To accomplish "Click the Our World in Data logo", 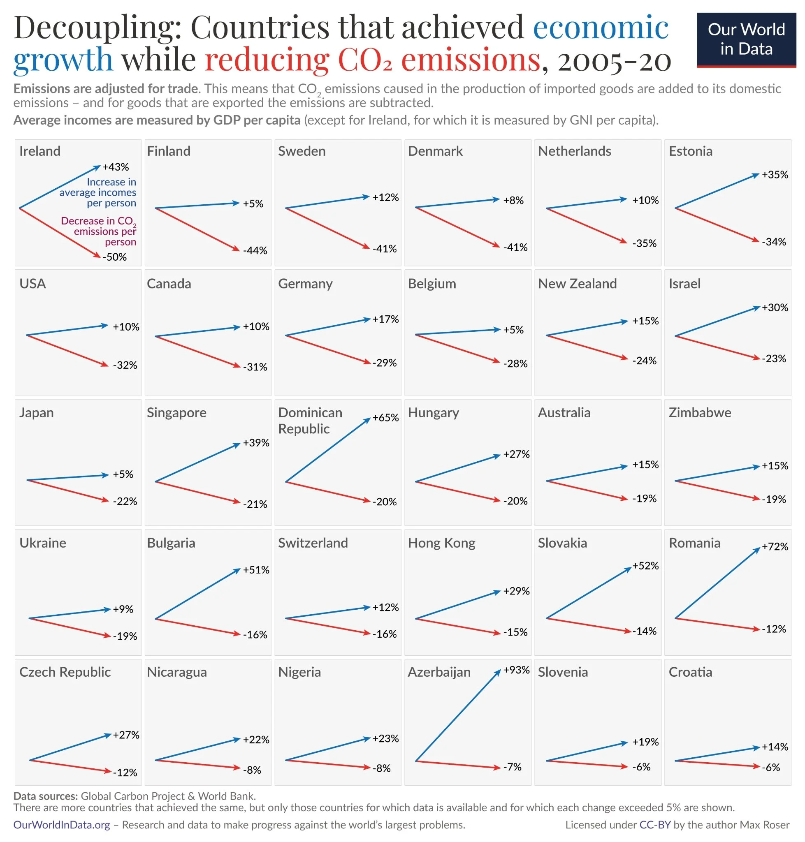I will [746, 39].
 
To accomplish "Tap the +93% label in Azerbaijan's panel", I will [516, 670].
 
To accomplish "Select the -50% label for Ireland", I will [115, 257].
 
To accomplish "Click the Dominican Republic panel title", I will [310, 420].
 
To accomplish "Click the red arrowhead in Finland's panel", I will [237, 248].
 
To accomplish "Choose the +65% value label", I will [385, 417].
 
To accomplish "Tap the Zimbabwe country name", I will [699, 412].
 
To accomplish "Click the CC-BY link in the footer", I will [654, 824].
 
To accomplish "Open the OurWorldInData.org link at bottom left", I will [61, 824].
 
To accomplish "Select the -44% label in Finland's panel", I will [255, 250].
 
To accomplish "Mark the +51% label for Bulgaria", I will [256, 570].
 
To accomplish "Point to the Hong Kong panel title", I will [441, 543].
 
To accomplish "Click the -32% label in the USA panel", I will [125, 365].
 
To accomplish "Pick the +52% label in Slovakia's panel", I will [645, 565].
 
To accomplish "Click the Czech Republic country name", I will [65, 672].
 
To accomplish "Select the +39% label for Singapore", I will [256, 443].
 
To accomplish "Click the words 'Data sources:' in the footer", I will [46, 796].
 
